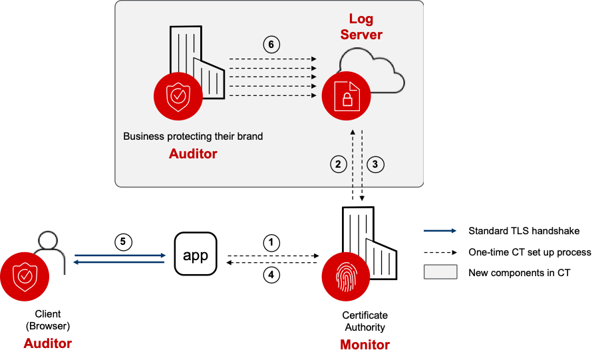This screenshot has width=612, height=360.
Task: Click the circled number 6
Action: [271, 45]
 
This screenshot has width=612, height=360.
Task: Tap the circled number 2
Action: [339, 164]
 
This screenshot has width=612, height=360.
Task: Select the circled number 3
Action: [376, 164]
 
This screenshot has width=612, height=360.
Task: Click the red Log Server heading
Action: [361, 27]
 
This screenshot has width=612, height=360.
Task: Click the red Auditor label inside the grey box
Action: [193, 154]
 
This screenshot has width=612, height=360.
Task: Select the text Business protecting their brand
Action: [193, 136]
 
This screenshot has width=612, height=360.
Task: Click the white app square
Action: [196, 254]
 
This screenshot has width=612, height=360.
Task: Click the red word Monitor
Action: [365, 345]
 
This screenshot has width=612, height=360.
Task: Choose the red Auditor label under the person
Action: [47, 343]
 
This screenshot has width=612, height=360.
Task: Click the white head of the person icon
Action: [47, 240]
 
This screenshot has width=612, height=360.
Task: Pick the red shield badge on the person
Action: [25, 277]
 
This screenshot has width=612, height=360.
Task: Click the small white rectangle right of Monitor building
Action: [440, 271]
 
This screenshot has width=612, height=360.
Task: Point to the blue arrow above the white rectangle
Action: [440, 231]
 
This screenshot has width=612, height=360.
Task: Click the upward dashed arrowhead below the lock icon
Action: [354, 133]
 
